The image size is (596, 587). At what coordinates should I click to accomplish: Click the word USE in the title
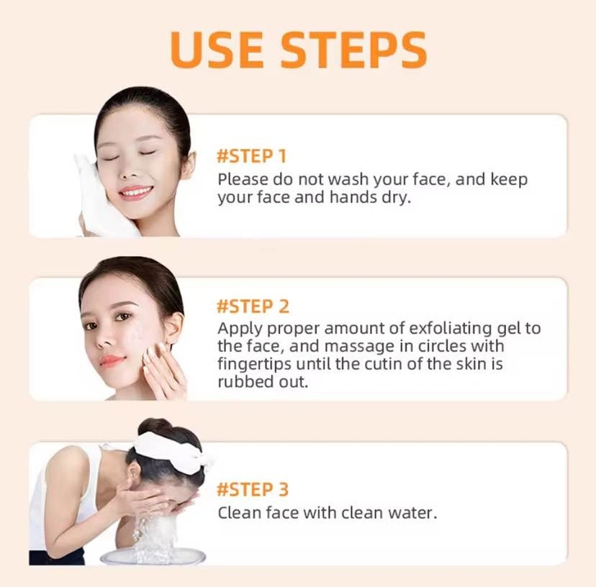tap(217, 50)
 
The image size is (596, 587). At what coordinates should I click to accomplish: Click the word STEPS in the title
tap(353, 50)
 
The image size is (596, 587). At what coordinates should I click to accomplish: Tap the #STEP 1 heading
tap(251, 156)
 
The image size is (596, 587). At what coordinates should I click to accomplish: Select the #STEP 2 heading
tap(253, 306)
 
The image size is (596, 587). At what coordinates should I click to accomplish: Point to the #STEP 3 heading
tap(253, 489)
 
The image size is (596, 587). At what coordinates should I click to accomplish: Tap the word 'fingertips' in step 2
tap(254, 364)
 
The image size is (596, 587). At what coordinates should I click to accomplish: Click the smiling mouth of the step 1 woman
tap(135, 192)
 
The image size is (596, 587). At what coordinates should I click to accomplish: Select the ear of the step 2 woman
tap(173, 327)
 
